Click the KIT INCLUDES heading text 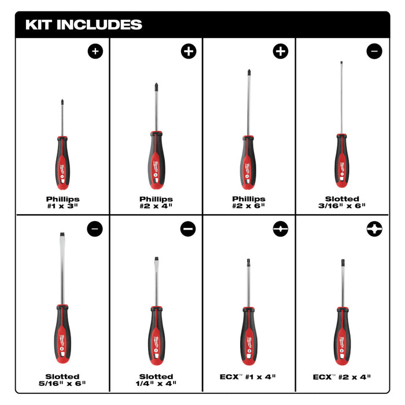[83, 25]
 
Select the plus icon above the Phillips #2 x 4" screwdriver [189, 51]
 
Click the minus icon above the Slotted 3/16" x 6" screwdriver [374, 51]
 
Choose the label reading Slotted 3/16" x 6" [342, 202]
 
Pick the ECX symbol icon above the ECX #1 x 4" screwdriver [281, 229]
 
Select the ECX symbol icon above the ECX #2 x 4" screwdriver [374, 229]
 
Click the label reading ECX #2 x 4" [342, 376]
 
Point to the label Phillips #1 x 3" [62, 202]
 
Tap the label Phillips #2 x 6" [249, 202]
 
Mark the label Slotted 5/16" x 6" [62, 380]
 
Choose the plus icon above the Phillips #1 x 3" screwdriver [95, 51]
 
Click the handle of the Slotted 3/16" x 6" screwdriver [342, 163]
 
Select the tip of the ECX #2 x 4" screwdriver [342, 263]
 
